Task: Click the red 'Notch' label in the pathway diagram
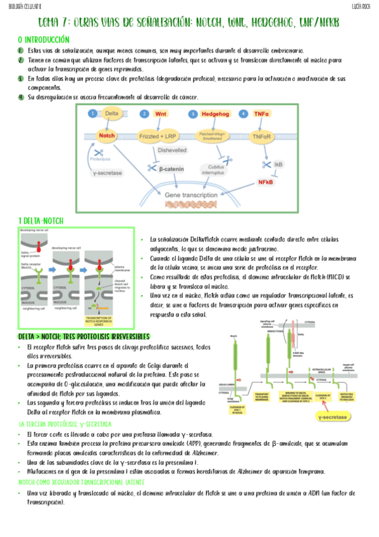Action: click(106, 135)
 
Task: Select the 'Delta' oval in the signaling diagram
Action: click(111, 113)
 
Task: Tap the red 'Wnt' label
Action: click(161, 114)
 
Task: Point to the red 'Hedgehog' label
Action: click(215, 114)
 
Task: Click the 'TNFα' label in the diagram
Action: click(261, 114)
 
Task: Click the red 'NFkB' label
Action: click(265, 182)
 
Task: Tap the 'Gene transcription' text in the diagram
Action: click(190, 196)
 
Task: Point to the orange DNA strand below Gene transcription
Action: click(190, 205)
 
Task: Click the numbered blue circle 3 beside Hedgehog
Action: click(193, 114)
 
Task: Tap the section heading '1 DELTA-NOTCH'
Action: click(40, 220)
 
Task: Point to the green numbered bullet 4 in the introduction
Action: click(20, 97)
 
